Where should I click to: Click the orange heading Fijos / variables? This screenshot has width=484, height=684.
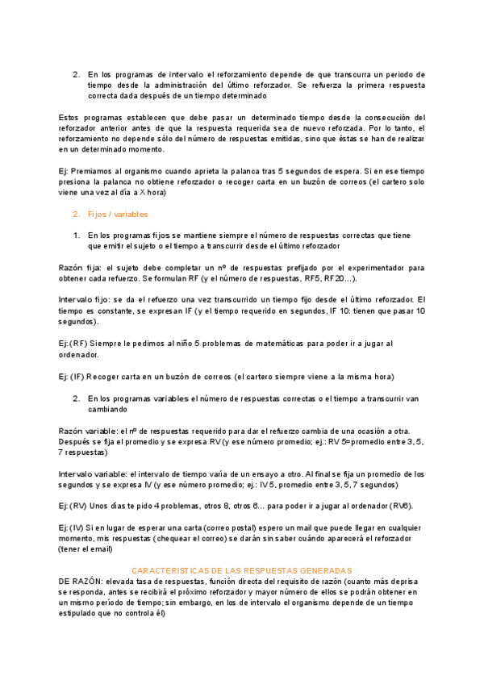point(118,215)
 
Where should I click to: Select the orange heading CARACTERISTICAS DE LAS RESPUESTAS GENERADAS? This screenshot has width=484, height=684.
point(242,569)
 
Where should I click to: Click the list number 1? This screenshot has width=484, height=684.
point(77,235)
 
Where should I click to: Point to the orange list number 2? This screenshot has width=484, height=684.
point(77,215)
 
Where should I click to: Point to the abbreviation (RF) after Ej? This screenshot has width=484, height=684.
point(78,344)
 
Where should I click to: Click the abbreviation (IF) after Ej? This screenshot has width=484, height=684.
point(77,377)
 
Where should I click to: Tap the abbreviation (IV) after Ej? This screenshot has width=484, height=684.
point(77,527)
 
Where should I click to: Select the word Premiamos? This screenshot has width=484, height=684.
point(94,171)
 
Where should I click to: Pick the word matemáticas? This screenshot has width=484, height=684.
point(246,344)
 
